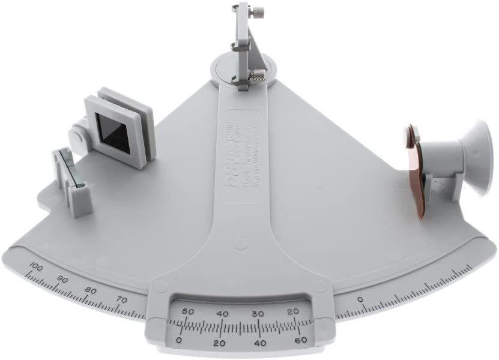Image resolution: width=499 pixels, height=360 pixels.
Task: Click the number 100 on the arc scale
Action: coord(35,268)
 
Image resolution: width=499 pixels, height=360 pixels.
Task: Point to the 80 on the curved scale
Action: coord(91,290)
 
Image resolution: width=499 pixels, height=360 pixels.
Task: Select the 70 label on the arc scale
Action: coord(121,299)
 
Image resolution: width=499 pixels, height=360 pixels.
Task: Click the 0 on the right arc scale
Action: coord(360,298)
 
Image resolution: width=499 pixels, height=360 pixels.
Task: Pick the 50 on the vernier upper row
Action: coord(187,312)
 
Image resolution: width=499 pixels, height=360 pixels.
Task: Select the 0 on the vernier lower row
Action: coord(178,340)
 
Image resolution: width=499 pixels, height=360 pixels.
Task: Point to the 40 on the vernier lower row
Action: coord(260,343)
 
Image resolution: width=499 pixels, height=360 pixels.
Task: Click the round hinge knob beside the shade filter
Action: coord(77,136)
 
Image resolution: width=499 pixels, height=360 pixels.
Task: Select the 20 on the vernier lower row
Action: coord(219,343)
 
